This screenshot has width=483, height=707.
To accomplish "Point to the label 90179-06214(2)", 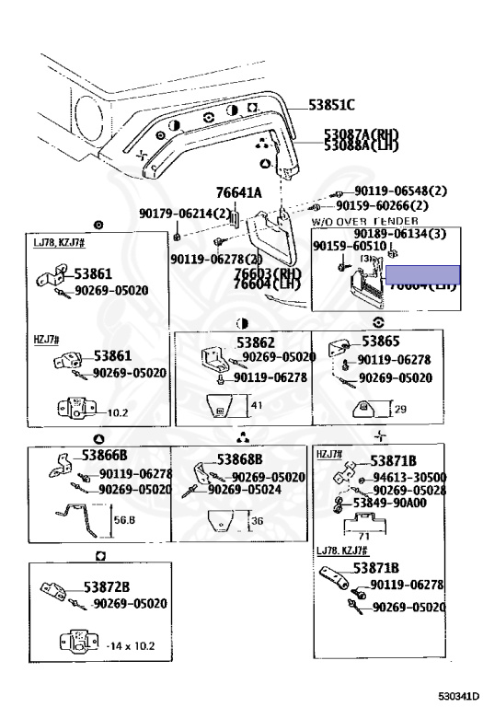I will coord(185,213).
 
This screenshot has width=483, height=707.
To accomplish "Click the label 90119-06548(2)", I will coord(400,191).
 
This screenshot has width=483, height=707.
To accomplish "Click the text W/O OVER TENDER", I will coord(364,222).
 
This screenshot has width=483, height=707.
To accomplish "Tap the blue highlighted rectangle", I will coord(421,273).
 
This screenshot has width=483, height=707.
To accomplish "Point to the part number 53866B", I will coord(104,455).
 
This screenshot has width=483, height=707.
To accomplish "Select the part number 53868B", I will coord(240,459).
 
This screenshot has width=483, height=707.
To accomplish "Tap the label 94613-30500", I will coord(409,477).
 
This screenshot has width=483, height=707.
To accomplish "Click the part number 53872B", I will coord(107,586).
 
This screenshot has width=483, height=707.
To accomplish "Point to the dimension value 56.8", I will coord(125,519).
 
